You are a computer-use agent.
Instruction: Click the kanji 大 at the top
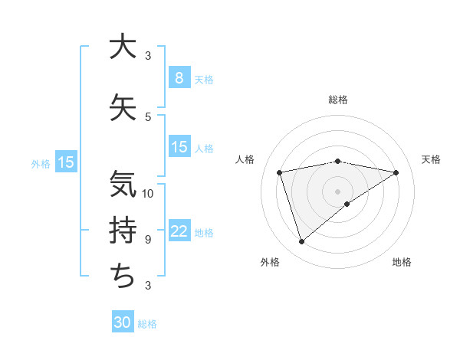pos(122,47)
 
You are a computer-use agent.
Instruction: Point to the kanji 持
pos(122,231)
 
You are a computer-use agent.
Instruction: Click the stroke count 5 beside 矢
pos(148,117)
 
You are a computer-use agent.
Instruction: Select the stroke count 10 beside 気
pos(149,193)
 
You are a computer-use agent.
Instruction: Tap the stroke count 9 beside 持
pos(148,240)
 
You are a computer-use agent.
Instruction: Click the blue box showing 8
pos(179,77)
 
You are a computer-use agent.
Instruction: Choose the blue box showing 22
pos(179,231)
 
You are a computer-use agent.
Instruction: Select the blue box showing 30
pos(123,322)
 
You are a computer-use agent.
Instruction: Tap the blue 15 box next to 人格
pos(179,147)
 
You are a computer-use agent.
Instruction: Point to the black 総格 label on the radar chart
pos(337,100)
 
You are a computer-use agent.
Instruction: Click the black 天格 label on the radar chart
pos(432,159)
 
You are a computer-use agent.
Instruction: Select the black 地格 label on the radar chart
pos(402,262)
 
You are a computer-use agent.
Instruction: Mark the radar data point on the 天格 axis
pos(396,172)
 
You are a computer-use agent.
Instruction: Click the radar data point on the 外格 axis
pos(301,242)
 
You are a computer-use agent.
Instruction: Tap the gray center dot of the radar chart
pos(337,191)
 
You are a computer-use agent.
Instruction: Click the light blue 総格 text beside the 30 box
pos(147,324)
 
